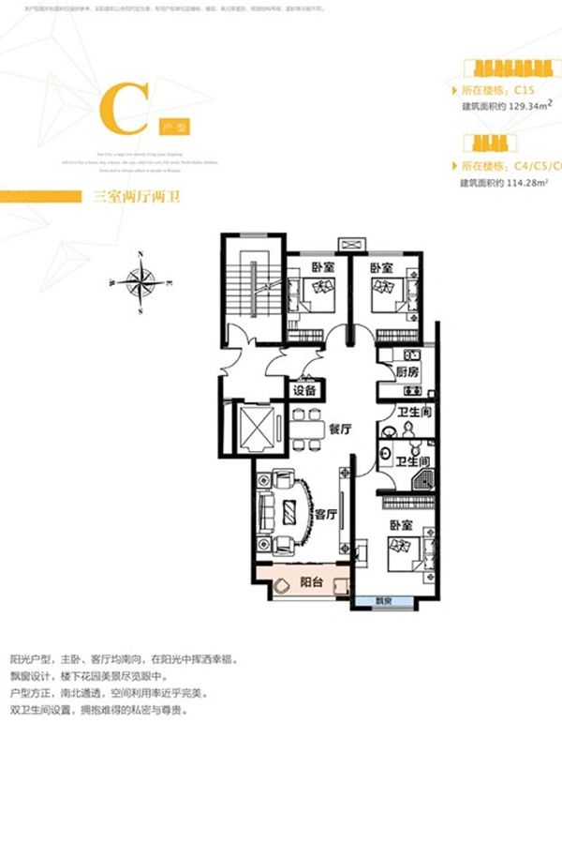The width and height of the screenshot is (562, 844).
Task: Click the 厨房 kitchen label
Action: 407,371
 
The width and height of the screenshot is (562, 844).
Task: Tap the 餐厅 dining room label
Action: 339,427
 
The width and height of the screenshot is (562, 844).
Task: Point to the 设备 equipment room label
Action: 304,389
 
